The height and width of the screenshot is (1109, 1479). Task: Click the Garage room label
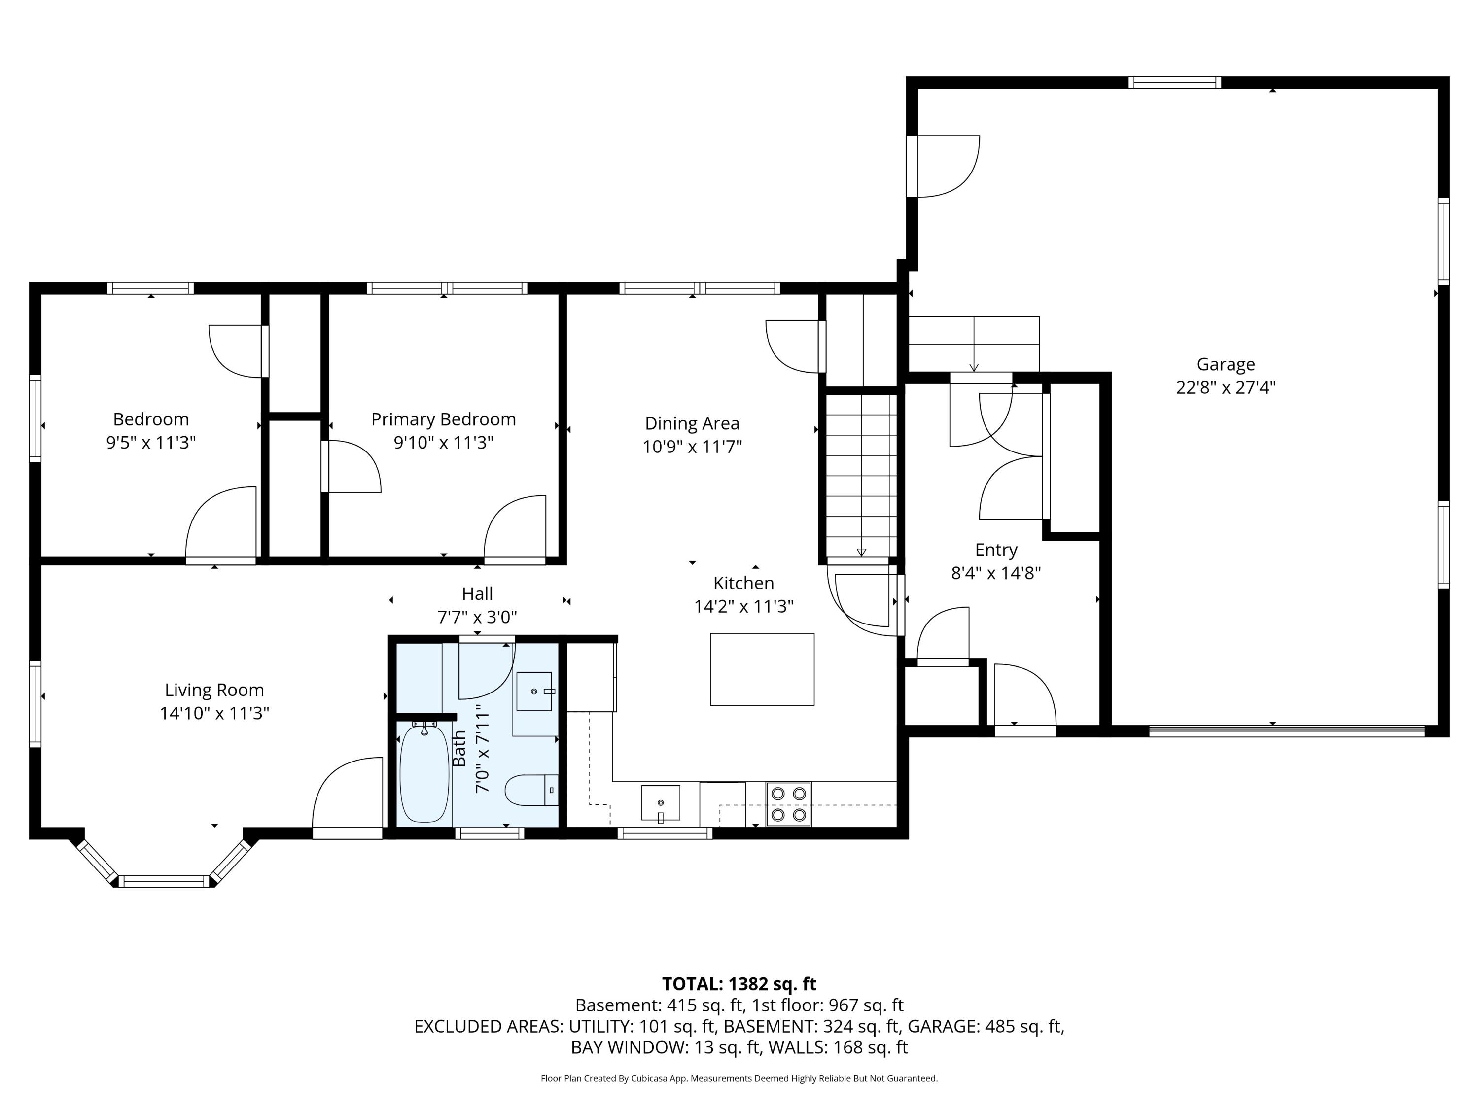pos(1226,364)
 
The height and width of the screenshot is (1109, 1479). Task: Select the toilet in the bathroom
pos(531,790)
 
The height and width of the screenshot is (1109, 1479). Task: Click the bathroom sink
pos(534,691)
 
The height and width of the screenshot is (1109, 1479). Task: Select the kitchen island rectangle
pos(762,669)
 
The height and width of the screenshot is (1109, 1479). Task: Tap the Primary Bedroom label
pos(443,420)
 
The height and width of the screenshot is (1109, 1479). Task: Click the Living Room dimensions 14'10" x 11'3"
pos(214,713)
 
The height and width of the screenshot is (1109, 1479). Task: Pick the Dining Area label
pos(692,424)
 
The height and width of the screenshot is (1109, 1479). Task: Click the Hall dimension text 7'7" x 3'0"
pos(477,617)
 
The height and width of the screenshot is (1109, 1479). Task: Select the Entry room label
pos(995,550)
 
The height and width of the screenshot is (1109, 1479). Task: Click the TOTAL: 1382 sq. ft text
pos(739,984)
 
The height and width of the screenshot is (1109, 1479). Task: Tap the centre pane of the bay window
pos(164,881)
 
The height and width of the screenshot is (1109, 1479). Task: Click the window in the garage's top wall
pos(1175,82)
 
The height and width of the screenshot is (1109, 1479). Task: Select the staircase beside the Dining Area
pos(861,475)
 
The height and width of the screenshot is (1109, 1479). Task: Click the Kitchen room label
pos(743,584)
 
